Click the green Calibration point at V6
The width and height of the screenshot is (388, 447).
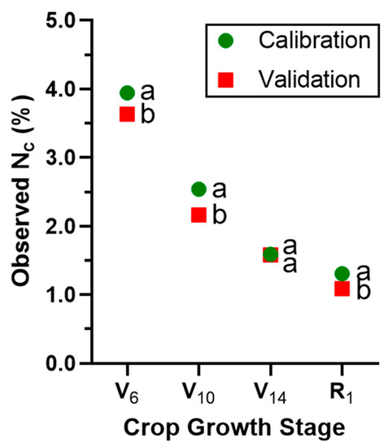(x=127, y=93)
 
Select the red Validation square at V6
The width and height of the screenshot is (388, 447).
(x=127, y=114)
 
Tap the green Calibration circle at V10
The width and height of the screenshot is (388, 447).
(x=198, y=189)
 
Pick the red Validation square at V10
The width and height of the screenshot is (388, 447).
(x=198, y=215)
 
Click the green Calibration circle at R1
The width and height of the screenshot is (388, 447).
(x=342, y=274)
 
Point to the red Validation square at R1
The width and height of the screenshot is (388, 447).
(x=342, y=288)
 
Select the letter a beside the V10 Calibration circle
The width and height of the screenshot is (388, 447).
(x=219, y=189)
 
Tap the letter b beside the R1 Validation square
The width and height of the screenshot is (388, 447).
(x=363, y=290)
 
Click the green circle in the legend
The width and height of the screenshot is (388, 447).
(x=226, y=40)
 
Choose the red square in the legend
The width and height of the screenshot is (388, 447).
(x=226, y=79)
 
